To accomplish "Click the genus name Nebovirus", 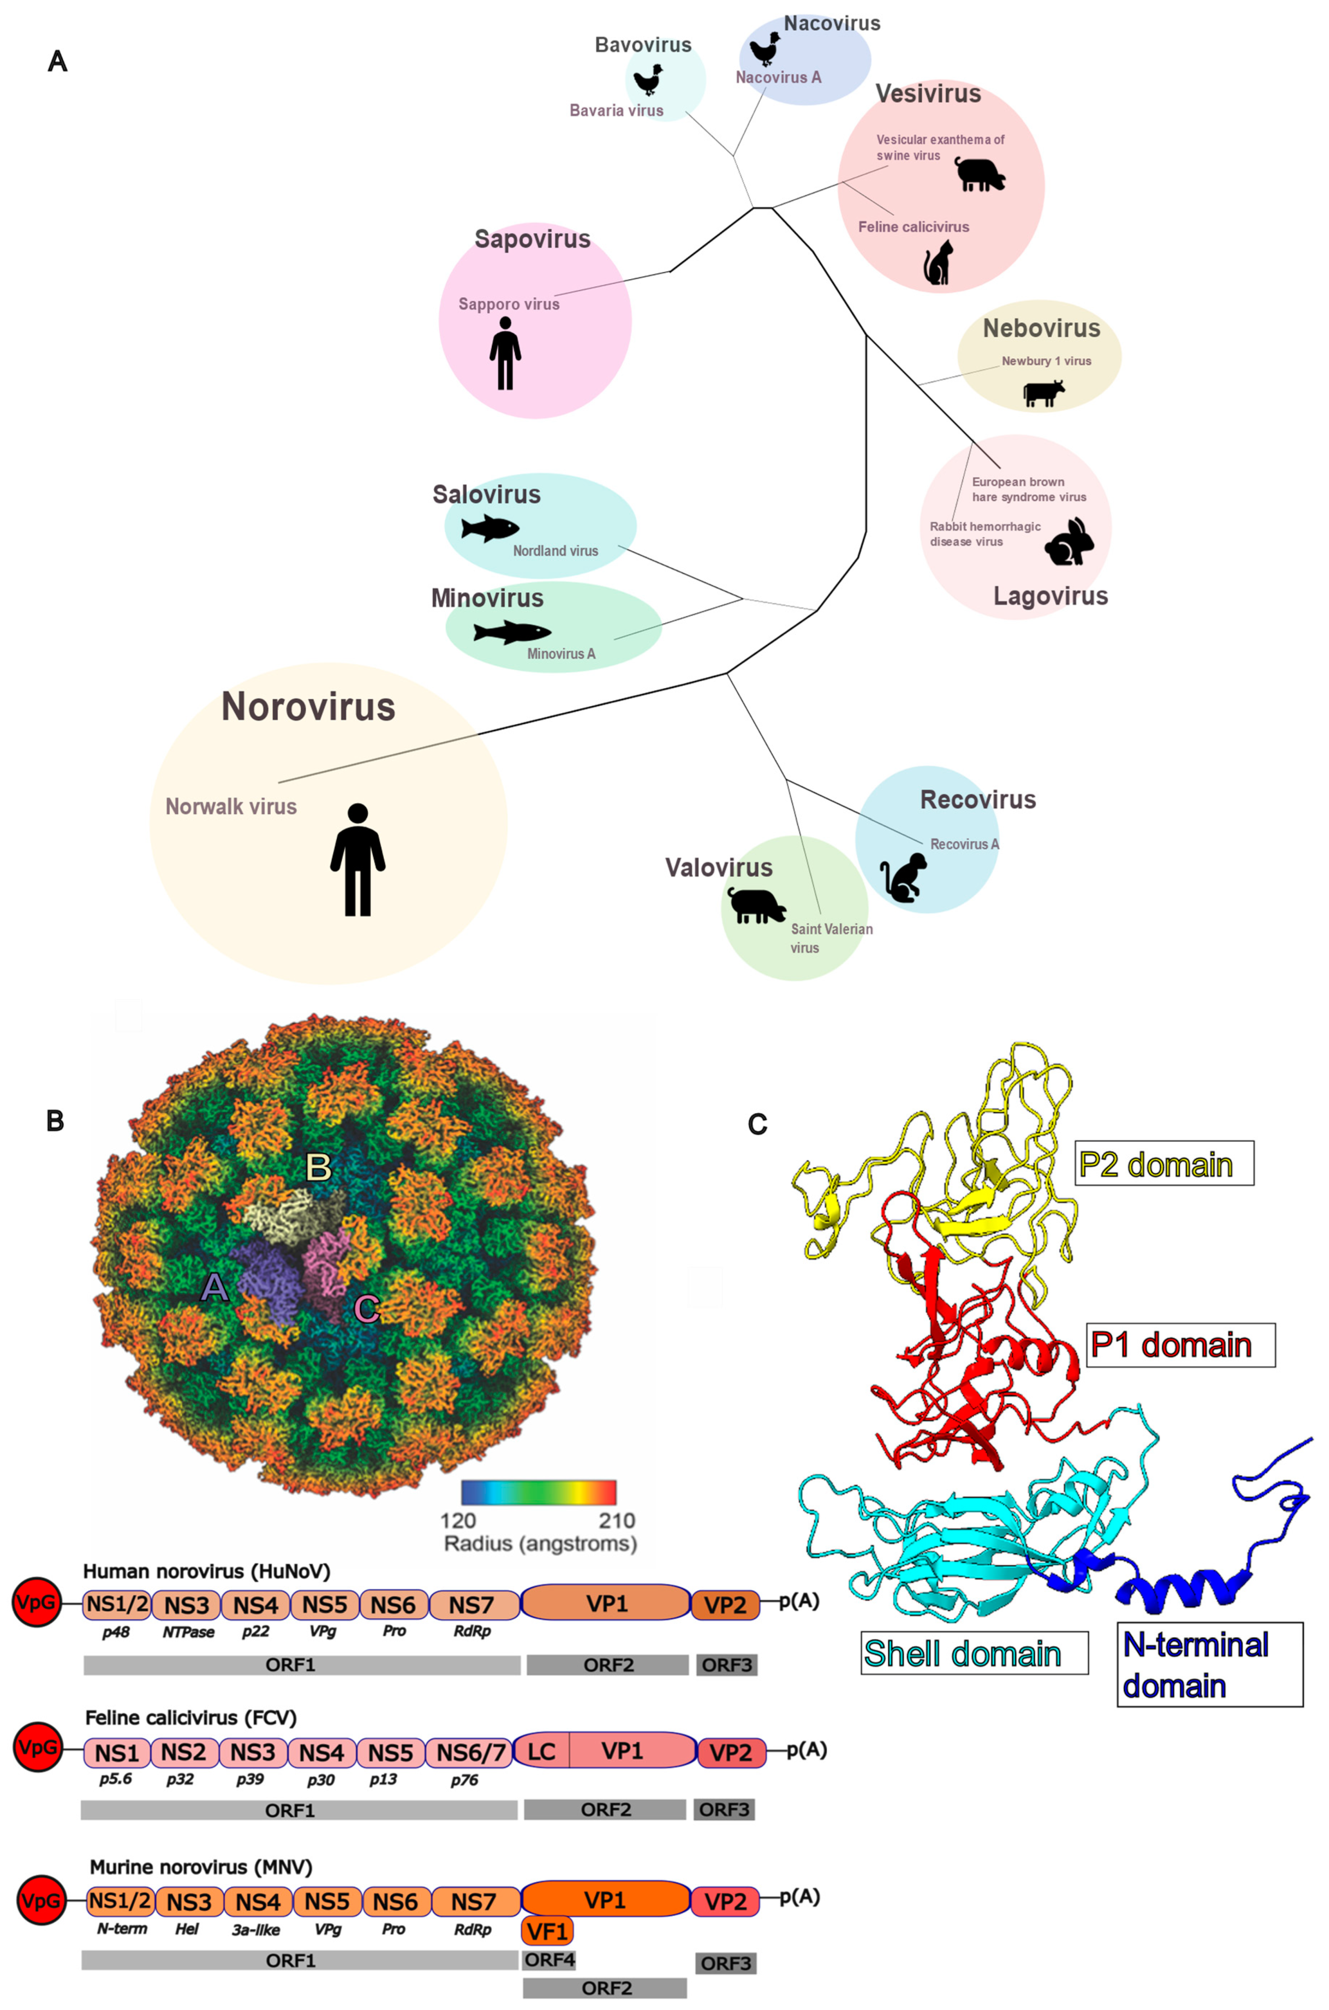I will [1041, 329].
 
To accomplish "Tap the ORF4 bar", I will [549, 1960].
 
